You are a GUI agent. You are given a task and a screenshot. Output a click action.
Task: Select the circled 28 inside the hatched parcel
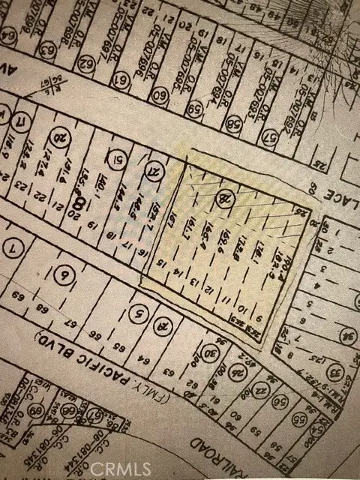pos(222,198)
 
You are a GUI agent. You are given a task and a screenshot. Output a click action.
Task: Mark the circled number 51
pos(116,159)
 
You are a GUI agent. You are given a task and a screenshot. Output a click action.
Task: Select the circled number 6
pos(65,276)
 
